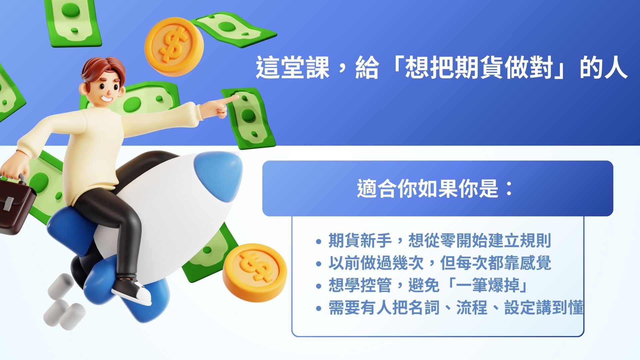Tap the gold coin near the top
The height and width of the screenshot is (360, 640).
[174, 46]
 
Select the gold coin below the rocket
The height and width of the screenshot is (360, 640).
[255, 273]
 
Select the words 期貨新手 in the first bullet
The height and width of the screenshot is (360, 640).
[360, 240]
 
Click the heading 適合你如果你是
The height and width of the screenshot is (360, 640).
[428, 188]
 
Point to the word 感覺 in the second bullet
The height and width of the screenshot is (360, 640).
[535, 263]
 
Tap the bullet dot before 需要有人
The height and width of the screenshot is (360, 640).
[319, 308]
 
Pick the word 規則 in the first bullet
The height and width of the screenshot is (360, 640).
[535, 240]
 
